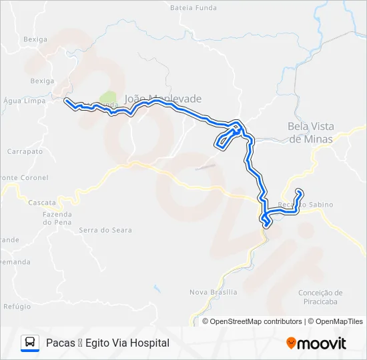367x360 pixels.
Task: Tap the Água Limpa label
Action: click(21, 101)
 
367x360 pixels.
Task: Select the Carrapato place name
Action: click(25, 151)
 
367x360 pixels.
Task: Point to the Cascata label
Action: click(42, 202)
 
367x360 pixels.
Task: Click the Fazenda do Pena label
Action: click(57, 218)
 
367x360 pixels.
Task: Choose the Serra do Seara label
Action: click(105, 230)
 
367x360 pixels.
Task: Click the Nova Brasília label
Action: click(214, 292)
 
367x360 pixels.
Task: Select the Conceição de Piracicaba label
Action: click(320, 297)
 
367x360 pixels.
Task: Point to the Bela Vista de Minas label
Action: click(314, 132)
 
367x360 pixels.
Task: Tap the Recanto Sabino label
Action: click(305, 205)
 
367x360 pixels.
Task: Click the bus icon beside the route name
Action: click(30, 343)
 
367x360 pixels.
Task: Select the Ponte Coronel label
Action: click(24, 178)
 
